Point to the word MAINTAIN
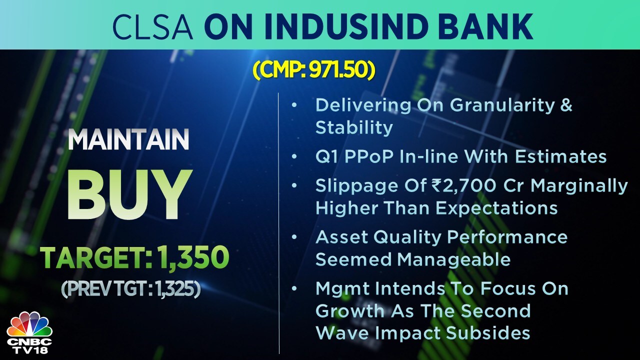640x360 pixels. (x=128, y=139)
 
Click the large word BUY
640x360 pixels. (x=129, y=194)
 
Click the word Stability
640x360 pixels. (x=354, y=127)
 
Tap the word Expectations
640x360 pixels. (x=496, y=208)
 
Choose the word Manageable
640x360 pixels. (x=453, y=260)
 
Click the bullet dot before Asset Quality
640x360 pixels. (x=294, y=237)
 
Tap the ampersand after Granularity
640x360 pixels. (x=566, y=105)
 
